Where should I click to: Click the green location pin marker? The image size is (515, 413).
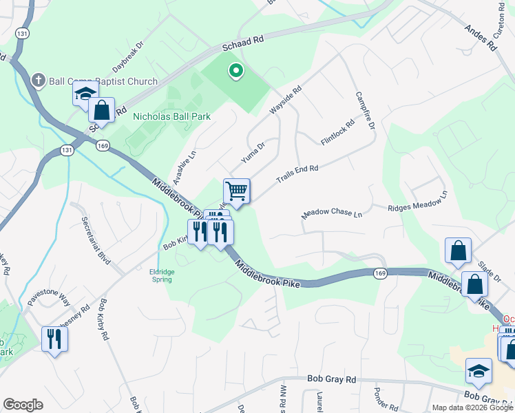235,71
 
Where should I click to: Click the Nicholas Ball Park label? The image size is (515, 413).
171,116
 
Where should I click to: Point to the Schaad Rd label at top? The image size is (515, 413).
243,41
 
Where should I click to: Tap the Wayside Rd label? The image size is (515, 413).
287,100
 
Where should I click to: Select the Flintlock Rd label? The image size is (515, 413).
337,133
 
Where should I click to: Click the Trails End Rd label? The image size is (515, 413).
297,173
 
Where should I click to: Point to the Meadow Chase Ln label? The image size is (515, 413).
332,215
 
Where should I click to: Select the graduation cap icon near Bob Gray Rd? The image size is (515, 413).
479,371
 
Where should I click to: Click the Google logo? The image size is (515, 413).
23,405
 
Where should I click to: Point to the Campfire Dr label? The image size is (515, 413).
365,112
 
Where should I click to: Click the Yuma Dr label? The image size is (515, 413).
253,153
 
